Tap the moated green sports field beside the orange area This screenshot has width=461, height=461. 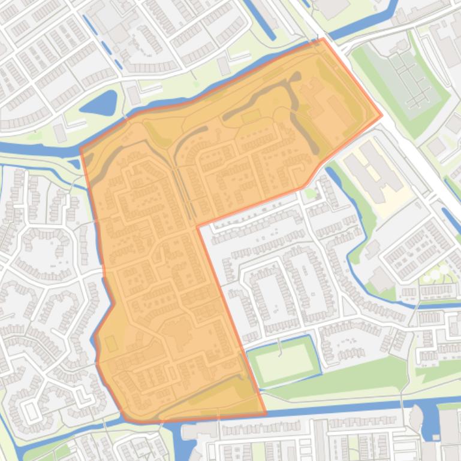click(282, 361)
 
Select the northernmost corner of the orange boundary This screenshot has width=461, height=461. click(323, 40)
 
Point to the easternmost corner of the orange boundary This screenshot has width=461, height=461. click(381, 116)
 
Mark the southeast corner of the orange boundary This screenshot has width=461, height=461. click(266, 413)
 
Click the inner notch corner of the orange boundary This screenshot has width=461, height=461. click(197, 226)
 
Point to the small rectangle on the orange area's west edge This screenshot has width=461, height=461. click(111, 343)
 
